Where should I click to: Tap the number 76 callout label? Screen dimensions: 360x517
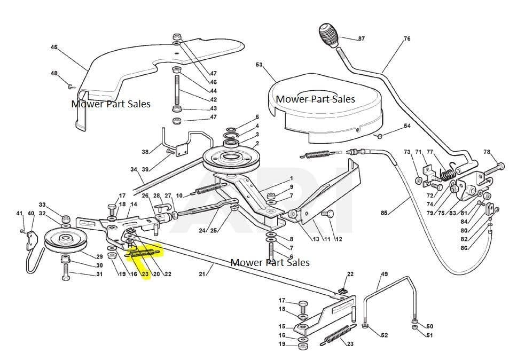[407, 39]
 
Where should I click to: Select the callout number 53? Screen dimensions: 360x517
[259, 65]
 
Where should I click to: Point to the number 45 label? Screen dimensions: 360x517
[54, 48]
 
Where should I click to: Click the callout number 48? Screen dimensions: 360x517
[54, 73]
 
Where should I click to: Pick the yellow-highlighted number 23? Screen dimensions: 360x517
[145, 275]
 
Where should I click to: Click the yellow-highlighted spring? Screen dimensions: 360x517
[145, 249]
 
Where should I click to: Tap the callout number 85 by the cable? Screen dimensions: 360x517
[384, 213]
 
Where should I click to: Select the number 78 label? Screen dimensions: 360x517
[487, 152]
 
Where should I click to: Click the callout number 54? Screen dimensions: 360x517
[407, 126]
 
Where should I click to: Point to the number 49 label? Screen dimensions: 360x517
[384, 275]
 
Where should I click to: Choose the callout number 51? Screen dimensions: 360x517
[430, 335]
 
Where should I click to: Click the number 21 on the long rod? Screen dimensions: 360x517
[202, 275]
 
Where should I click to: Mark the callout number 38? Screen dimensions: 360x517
[145, 152]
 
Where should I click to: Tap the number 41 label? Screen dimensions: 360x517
[19, 214]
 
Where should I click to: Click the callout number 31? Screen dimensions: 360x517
[99, 275]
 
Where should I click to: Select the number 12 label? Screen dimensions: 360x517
[339, 239]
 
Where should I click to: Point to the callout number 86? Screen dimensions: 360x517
[464, 248]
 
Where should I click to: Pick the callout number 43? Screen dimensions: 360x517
[213, 108]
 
